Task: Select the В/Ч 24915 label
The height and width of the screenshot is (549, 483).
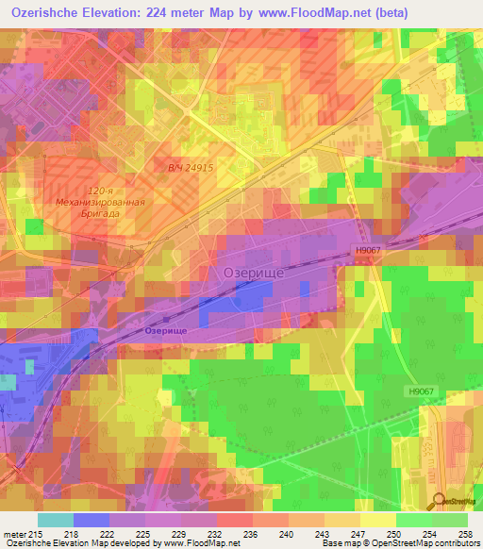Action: click(192, 167)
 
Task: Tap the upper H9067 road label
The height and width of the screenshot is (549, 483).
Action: click(370, 250)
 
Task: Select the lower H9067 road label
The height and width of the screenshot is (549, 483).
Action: click(425, 391)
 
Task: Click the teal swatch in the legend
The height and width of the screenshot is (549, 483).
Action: click(56, 521)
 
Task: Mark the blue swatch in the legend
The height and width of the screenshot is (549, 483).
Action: click(92, 521)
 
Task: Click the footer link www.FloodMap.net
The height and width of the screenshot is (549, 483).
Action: click(200, 542)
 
